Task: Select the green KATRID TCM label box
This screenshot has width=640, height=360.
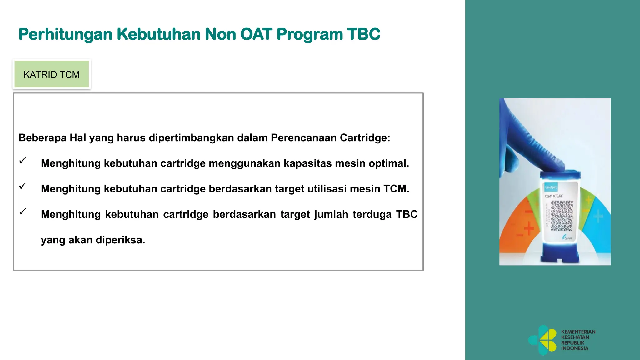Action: [52, 74]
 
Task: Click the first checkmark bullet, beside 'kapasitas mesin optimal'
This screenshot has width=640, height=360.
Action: [22, 161]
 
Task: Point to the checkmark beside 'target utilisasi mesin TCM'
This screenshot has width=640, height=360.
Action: [22, 186]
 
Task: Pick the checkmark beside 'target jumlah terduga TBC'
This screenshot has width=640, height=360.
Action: [22, 212]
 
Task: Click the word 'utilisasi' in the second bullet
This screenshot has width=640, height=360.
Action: [327, 189]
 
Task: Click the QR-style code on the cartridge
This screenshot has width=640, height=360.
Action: [562, 216]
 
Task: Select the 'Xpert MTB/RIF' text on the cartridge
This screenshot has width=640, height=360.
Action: [554, 196]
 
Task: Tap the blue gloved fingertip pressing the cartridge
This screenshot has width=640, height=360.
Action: [553, 166]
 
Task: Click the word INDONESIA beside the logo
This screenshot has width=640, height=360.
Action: [574, 348]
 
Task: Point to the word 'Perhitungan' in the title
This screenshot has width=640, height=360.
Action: [65, 34]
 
